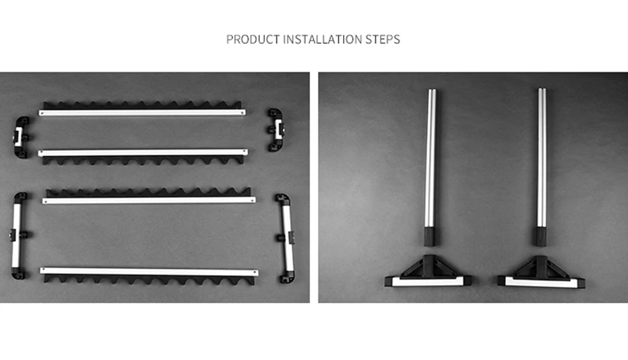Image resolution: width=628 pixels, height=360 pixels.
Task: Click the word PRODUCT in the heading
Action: pos(252,40)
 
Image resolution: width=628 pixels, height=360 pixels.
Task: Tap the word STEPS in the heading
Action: pos(382,40)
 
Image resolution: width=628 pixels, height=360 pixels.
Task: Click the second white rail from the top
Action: pos(143,156)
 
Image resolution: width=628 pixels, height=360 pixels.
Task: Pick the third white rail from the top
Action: pos(149,196)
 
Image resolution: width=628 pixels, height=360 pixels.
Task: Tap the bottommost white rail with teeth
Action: pos(149,276)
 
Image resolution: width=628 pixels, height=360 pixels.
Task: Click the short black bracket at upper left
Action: pos(21,137)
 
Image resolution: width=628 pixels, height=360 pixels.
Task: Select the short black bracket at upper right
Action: pos(276,129)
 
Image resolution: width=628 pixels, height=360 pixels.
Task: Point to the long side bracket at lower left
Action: pos(18,236)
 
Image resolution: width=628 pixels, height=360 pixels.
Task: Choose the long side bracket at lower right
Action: pos(286,238)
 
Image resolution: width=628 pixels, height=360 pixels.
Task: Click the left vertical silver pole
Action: pos(430,167)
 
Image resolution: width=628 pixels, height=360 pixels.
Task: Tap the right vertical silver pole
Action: pos(541,167)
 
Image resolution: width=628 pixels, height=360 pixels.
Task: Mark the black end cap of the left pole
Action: pos(430,236)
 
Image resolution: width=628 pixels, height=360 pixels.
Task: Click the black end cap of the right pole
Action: pos(539,237)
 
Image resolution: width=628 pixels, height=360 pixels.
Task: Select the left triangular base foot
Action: pos(428,273)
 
